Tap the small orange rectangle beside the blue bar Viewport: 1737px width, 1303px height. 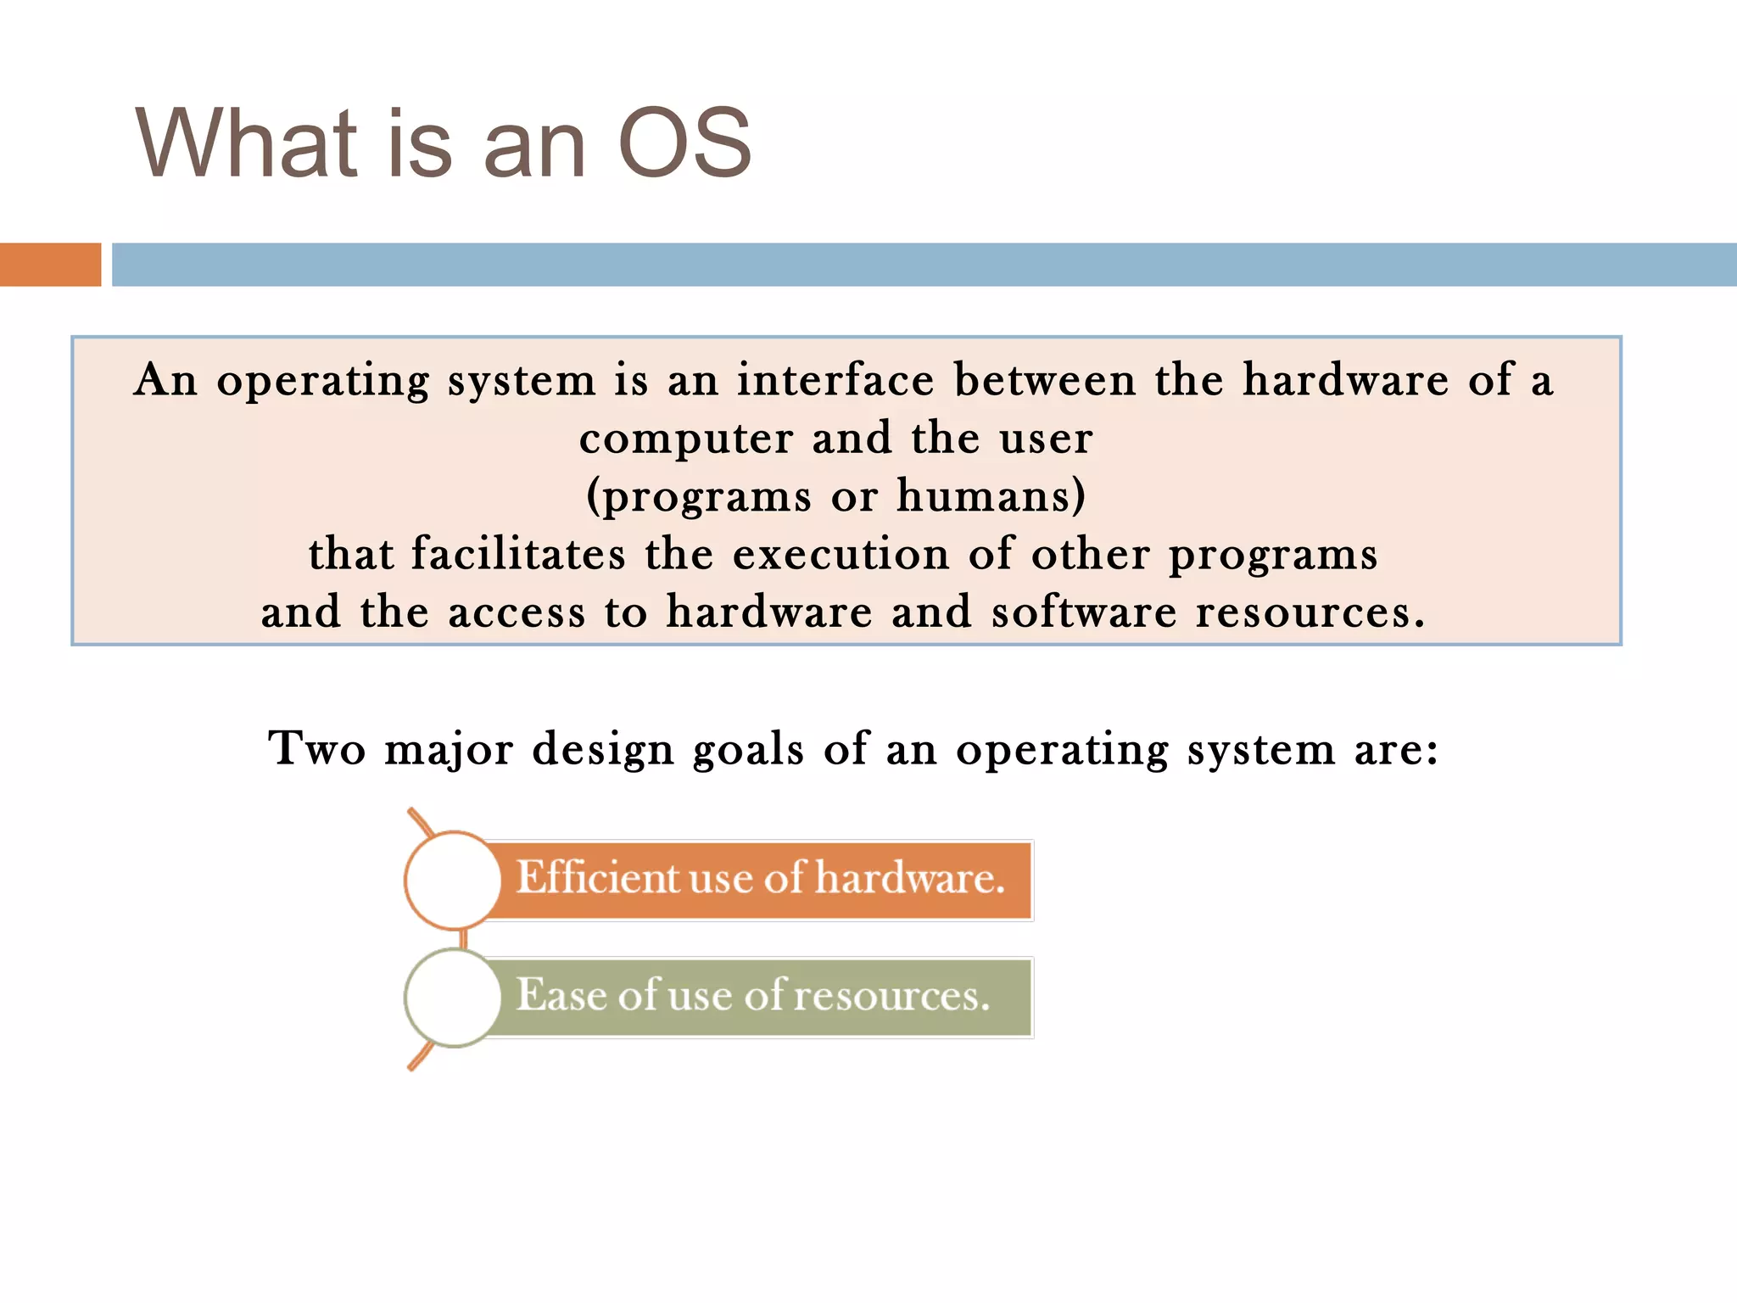(x=50, y=264)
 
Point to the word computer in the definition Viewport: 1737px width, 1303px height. (x=686, y=439)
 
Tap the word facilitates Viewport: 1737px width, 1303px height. (x=518, y=554)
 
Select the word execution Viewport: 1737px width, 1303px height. (x=841, y=554)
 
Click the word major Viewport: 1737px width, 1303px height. (x=449, y=750)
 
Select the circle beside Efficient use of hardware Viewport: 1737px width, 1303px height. (x=453, y=880)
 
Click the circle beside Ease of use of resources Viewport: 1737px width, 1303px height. (x=453, y=998)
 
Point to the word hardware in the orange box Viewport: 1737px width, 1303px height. (x=909, y=878)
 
